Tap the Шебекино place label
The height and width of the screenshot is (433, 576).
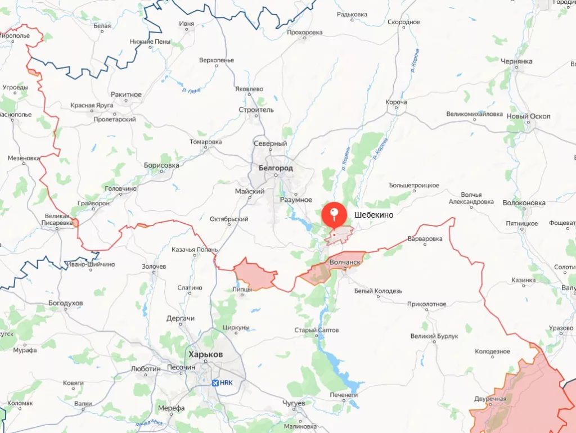point(373,214)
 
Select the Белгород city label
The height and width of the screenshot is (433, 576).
point(276,168)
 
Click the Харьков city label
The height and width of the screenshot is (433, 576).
point(206,355)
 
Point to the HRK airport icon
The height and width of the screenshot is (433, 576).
point(215,383)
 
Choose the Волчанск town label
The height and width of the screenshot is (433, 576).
point(345,261)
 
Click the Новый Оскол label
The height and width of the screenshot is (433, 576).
point(528,116)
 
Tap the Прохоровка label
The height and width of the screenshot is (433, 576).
point(304,33)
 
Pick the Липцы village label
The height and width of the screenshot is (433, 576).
point(242,289)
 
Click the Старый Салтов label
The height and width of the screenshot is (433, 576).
point(317,330)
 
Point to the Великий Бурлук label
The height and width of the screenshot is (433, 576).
point(434,336)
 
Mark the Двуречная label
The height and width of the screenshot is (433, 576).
point(490,399)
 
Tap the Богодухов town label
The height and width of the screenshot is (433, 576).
point(66,303)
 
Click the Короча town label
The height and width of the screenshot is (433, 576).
point(396,102)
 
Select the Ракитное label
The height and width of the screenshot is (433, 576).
point(127,94)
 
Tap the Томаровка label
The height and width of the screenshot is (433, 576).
point(205,142)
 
